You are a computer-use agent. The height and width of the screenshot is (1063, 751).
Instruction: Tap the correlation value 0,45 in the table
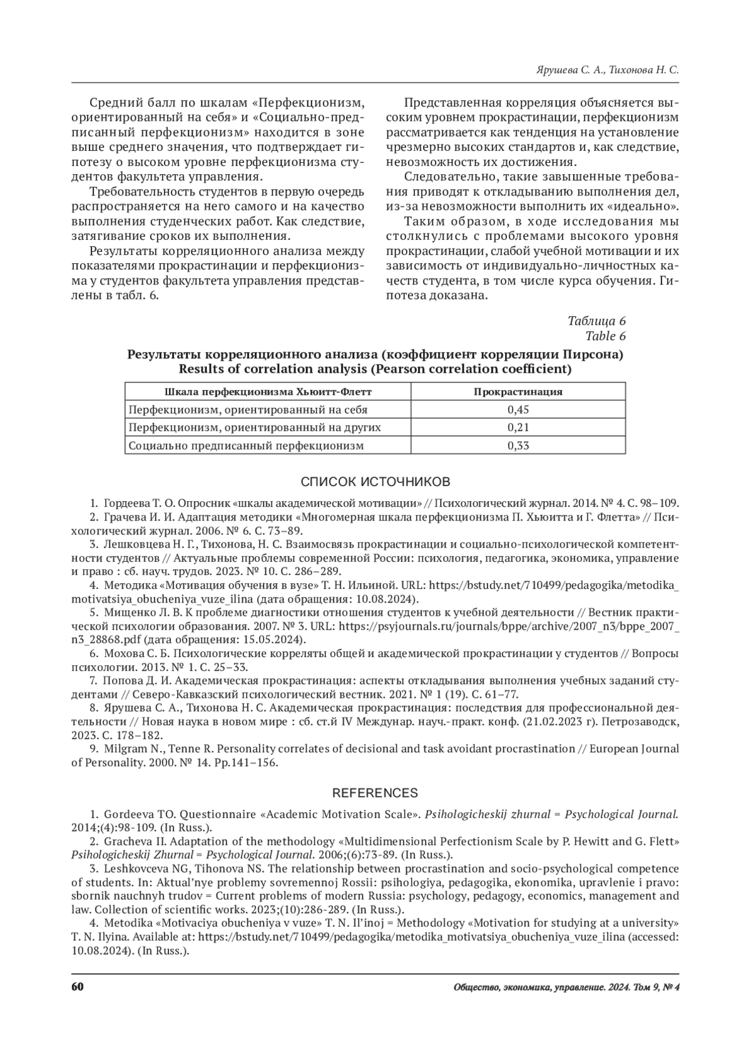(x=518, y=410)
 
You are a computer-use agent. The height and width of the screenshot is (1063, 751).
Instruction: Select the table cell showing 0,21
(x=518, y=427)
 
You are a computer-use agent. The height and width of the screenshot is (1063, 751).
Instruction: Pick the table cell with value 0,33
(x=518, y=445)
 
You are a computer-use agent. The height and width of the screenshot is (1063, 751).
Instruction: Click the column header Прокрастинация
(x=518, y=391)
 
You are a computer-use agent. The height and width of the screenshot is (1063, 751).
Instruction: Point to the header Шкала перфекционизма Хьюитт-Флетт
(x=268, y=391)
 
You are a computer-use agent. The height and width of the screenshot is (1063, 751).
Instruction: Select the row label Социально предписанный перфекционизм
(x=246, y=445)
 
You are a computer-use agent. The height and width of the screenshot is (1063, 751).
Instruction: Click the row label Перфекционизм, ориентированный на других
(x=255, y=427)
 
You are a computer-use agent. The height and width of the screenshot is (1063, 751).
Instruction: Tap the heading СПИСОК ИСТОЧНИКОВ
(x=375, y=482)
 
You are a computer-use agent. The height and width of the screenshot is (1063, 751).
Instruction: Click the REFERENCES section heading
(x=375, y=793)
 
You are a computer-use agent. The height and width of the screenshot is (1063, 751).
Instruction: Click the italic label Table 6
(x=605, y=336)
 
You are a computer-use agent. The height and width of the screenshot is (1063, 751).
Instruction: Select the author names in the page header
(x=608, y=71)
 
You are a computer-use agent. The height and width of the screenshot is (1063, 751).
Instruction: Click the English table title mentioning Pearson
(x=375, y=370)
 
